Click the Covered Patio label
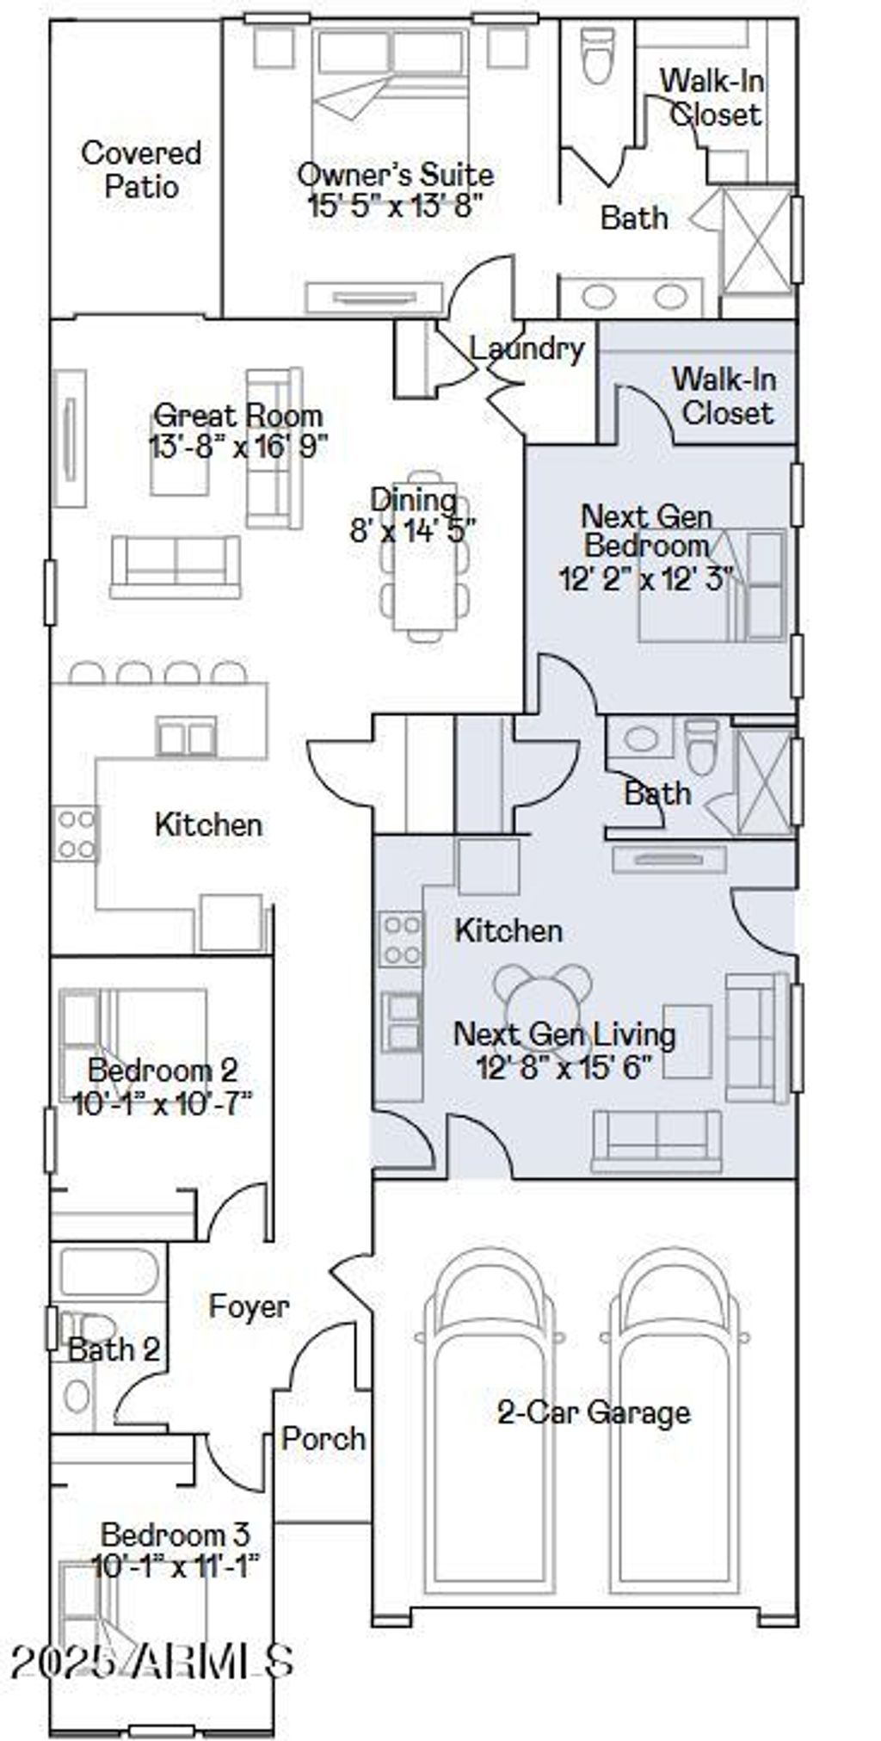point(142,170)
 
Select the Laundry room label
point(527,349)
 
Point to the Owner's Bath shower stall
point(755,241)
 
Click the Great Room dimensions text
point(237,448)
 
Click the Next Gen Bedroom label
point(647,531)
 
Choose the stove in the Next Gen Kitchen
point(402,940)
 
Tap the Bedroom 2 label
point(163,1071)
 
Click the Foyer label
point(249,1306)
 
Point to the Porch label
point(324,1438)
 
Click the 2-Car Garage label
point(594,1412)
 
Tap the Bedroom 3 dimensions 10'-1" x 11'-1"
point(176,1565)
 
